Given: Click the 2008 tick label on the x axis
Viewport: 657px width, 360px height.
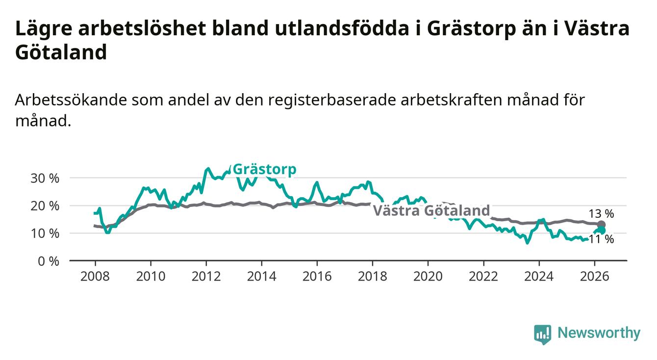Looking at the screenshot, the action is (95, 277).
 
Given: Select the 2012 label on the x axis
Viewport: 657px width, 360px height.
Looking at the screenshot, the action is (206, 277).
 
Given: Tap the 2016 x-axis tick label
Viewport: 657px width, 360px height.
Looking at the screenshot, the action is (317, 277).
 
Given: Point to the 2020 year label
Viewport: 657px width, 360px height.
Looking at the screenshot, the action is (428, 277).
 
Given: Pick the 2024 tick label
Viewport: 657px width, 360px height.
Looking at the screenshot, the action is (539, 277).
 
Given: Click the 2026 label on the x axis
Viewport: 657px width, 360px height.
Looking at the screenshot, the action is (595, 277).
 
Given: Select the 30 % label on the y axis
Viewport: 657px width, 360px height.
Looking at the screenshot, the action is (45, 179).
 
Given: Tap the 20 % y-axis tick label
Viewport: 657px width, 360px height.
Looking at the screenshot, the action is (45, 206).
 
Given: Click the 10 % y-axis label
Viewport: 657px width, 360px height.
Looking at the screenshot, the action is (45, 234).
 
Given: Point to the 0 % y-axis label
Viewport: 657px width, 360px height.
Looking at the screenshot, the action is (49, 261).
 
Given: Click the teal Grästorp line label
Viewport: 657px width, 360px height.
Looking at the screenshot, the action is (264, 170).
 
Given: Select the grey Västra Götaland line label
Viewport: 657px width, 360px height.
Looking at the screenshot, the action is (431, 210).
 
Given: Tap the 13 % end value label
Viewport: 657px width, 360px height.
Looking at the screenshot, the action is (601, 214).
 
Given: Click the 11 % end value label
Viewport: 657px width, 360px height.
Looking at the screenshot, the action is (601, 239).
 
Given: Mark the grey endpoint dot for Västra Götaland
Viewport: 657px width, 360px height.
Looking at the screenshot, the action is (601, 225).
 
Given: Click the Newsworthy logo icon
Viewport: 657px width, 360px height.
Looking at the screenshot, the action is (543, 334).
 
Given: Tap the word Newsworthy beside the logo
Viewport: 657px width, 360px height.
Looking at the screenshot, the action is (599, 333).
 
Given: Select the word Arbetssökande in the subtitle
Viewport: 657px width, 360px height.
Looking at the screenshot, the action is (71, 100).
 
